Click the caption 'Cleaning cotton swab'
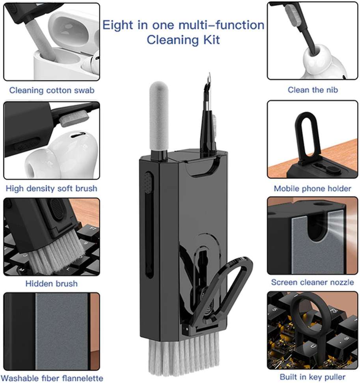[52, 90]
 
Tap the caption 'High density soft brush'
[51, 188]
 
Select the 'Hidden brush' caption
[51, 283]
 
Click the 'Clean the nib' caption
[313, 90]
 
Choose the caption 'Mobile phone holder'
[312, 188]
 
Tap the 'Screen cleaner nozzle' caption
[312, 282]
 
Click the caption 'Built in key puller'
[312, 377]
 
